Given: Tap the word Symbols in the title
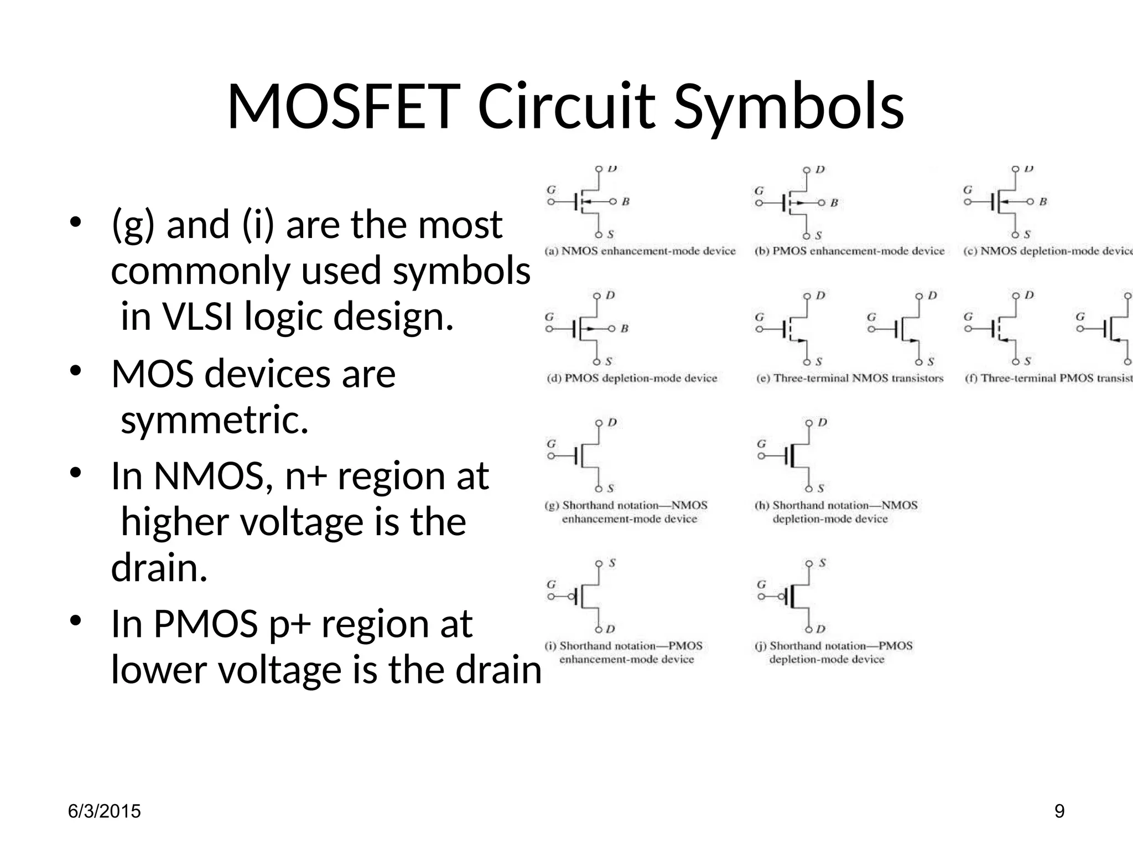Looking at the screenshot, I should pos(789,108).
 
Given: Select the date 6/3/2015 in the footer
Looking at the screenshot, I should pos(104,811).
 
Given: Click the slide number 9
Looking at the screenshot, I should pos(1059,811).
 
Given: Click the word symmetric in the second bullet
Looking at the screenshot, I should pos(214,420).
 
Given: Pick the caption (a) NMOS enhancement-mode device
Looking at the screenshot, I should pos(640,251).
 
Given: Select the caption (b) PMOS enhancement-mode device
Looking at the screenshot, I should pos(849,251).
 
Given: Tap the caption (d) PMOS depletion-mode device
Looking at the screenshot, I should pos(632,379).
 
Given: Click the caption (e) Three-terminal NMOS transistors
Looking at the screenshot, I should pos(849,379).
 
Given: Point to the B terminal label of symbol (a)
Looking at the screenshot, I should pos(626,202).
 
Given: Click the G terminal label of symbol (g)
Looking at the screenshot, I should pos(551,444).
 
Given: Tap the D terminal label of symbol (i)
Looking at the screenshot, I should pos(610,629).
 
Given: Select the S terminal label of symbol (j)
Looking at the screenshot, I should pos(822,563).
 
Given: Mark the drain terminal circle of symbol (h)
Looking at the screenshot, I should pos(809,423).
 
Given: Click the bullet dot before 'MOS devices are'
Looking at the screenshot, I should pos(76,370).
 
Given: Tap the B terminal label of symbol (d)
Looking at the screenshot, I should pos(625,329).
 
